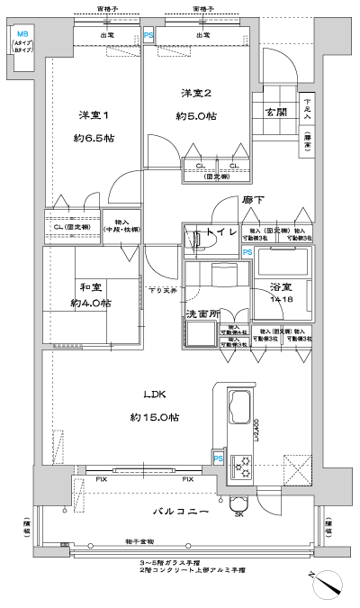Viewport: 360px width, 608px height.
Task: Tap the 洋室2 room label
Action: click(194, 93)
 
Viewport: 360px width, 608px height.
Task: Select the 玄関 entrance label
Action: click(275, 111)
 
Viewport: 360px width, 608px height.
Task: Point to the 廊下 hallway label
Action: click(253, 201)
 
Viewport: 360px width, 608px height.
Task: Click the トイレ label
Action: click(220, 234)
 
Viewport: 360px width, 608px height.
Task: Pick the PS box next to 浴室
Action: click(247, 253)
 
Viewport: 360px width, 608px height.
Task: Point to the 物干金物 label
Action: click(139, 540)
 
